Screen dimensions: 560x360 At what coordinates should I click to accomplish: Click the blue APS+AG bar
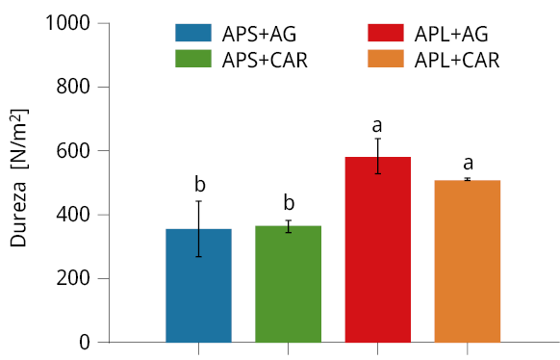point(198,286)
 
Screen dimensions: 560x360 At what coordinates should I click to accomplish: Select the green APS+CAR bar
point(289,284)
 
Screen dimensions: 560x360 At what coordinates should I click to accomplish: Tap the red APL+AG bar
point(378,249)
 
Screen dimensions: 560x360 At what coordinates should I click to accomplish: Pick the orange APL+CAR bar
point(468,262)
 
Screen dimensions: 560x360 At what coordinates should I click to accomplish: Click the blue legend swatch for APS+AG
point(193,34)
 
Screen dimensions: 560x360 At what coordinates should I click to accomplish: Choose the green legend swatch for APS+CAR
point(193,59)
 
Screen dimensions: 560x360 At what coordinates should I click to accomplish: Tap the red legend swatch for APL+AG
point(386,34)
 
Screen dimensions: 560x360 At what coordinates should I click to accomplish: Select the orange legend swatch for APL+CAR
point(386,59)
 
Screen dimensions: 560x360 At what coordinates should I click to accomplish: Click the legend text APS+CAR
point(265,60)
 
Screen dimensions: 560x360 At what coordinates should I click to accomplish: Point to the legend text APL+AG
point(451,35)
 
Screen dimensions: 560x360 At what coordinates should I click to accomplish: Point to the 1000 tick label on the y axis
point(67,23)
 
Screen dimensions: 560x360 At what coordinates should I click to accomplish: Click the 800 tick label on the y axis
point(73,87)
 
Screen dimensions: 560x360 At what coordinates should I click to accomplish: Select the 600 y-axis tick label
point(73,151)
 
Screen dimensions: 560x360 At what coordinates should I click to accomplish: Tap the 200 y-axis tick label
point(73,278)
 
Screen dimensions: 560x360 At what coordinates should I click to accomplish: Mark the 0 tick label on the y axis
point(85,342)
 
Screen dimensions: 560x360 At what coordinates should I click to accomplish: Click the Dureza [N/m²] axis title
point(18,178)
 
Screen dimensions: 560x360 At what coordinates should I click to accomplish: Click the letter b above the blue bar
point(200,184)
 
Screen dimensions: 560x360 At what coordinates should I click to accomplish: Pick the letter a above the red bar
point(377,126)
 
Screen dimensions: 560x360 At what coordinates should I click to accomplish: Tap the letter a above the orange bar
point(469,164)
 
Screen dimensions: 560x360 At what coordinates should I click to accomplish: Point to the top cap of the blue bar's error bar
point(198,201)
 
